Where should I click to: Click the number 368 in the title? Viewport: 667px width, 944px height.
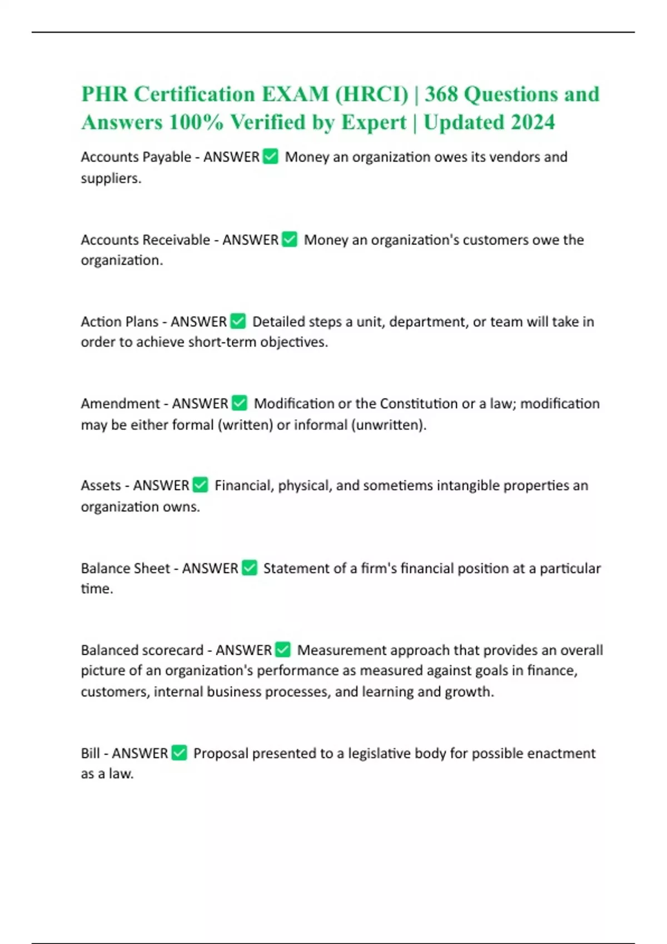pos(441,94)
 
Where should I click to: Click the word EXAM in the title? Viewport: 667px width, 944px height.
pos(295,94)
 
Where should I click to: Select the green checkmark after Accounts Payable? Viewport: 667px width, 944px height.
pos(271,157)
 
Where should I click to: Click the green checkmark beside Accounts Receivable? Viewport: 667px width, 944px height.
pos(290,239)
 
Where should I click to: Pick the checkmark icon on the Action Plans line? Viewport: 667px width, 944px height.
pos(238,321)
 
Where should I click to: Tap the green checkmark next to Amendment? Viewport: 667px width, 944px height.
pos(240,403)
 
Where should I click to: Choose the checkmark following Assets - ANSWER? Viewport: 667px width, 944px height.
pos(200,485)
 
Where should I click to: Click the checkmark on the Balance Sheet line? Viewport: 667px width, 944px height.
pos(250,568)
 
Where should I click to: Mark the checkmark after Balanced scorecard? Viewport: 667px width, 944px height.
pos(283,650)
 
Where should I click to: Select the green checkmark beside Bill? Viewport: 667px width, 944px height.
pos(179,753)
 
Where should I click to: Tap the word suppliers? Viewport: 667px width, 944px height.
pos(110,178)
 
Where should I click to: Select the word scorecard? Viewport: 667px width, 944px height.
pos(173,650)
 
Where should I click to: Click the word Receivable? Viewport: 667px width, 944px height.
pos(176,240)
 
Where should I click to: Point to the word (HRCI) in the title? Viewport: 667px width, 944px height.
pos(371,94)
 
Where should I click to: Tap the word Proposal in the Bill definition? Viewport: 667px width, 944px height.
pos(220,754)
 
